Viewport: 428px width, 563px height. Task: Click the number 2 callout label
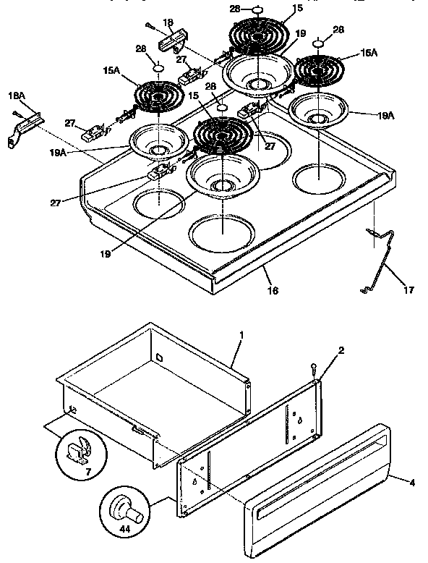[x=341, y=351]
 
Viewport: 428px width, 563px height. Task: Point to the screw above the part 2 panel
[x=314, y=368]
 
